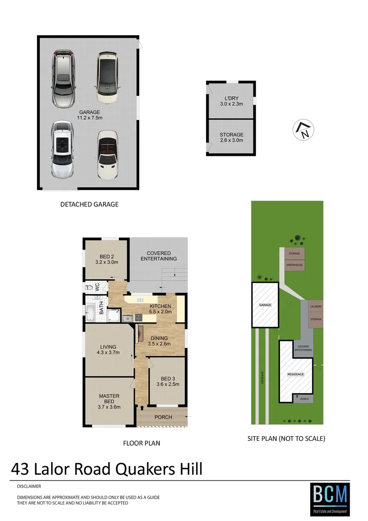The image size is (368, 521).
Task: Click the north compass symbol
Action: point(303,130)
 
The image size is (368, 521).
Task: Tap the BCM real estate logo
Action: point(329,499)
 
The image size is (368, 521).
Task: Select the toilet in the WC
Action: point(89,288)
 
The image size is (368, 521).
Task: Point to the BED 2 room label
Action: point(106,256)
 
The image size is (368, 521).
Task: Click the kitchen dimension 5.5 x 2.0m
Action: point(160,312)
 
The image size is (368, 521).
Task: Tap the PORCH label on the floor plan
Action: point(163,417)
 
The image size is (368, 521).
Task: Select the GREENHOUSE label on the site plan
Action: point(293,265)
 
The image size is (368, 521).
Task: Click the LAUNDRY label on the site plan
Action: point(316,307)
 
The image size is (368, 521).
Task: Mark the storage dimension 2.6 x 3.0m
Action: point(231,140)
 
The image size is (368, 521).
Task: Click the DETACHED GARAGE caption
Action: point(89,204)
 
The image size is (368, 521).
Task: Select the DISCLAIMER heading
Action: point(29,486)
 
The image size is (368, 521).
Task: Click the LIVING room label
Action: point(109,346)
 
